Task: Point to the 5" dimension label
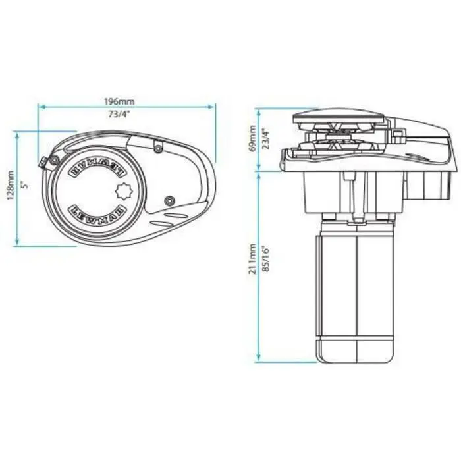(x=25, y=186)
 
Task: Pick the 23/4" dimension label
(x=267, y=138)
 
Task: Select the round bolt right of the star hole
(x=170, y=199)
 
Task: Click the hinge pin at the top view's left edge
(x=45, y=162)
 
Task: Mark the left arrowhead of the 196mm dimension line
(x=40, y=105)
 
